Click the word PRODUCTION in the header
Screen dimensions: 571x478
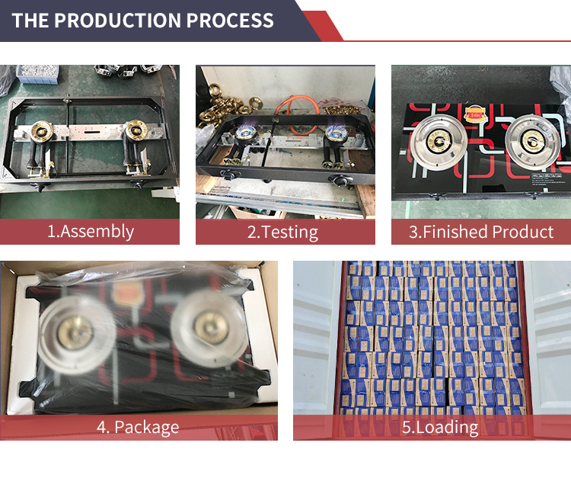117,20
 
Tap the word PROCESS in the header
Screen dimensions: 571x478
230,20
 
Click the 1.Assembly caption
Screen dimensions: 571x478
91,232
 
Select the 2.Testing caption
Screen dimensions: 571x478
282,233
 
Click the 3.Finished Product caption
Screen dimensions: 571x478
481,232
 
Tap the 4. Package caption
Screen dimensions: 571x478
138,428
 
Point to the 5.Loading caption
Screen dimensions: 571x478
440,428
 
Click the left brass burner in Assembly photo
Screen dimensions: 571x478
42,130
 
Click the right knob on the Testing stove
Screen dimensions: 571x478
340,180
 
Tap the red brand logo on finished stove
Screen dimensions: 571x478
475,114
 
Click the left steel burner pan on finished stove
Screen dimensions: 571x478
439,143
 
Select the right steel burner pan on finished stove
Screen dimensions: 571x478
533,142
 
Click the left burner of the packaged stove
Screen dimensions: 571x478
75,334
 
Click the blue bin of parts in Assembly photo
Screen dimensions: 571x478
37,74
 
